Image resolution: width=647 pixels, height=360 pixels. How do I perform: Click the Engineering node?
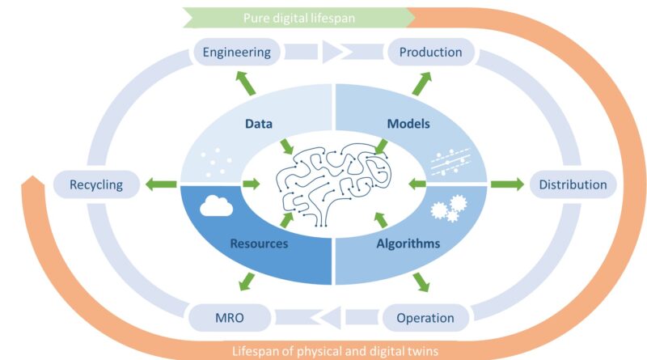(236, 53)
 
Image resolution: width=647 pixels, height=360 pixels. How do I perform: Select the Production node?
(429, 53)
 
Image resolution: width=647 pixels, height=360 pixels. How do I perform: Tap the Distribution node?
(573, 184)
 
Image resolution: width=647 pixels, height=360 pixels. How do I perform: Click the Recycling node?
(95, 184)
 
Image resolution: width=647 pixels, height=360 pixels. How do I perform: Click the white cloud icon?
(217, 206)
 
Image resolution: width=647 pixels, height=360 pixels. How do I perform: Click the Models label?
(409, 125)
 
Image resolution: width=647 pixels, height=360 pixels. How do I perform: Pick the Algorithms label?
(408, 243)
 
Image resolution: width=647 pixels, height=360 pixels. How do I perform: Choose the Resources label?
(260, 243)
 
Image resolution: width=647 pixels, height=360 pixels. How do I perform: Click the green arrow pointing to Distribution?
(507, 184)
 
